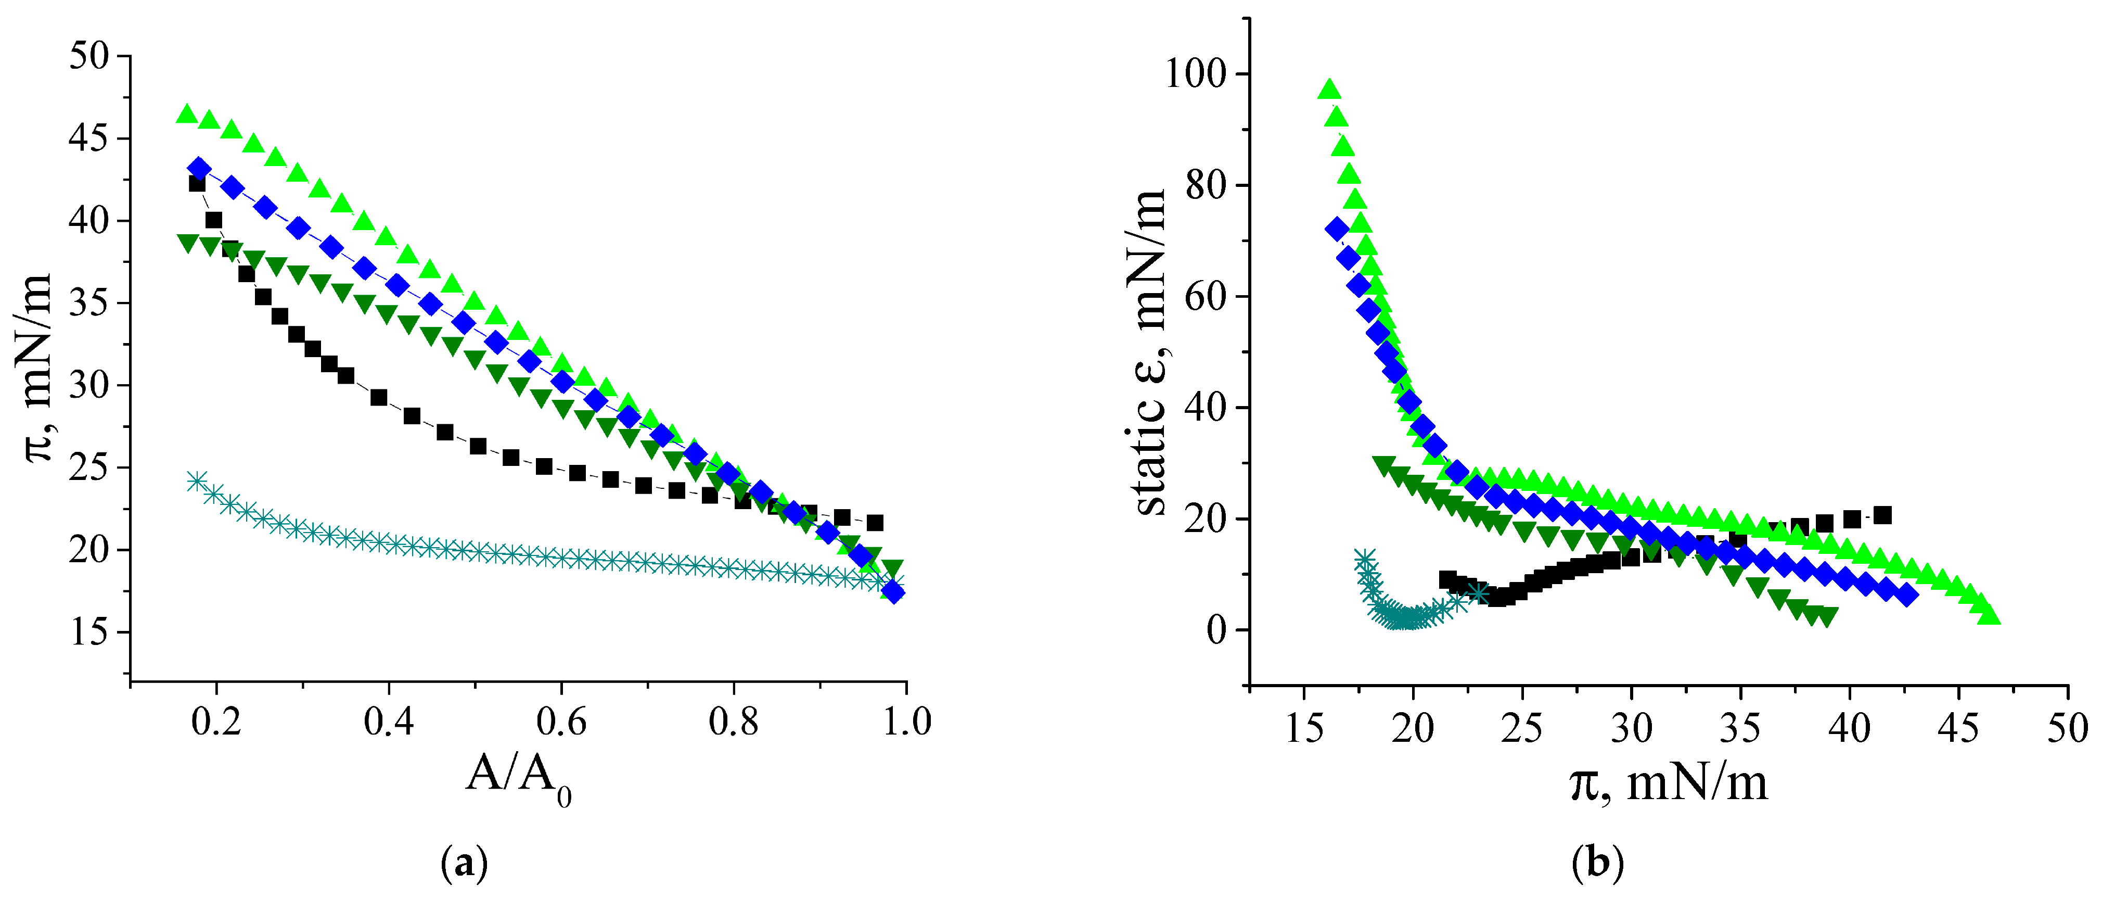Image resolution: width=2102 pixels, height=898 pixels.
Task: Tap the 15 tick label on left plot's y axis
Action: click(88, 632)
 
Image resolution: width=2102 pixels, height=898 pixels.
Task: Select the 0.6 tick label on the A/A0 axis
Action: click(560, 722)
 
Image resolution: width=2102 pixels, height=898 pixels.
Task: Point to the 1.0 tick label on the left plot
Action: click(906, 722)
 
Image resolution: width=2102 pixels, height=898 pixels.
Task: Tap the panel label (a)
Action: click(464, 863)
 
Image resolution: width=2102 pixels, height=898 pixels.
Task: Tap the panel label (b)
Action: click(1598, 863)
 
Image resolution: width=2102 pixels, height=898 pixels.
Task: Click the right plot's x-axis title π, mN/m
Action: click(1669, 782)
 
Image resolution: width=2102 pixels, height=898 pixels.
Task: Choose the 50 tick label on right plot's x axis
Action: click(2067, 727)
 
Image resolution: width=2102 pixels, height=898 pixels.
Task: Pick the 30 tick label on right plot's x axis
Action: click(1631, 727)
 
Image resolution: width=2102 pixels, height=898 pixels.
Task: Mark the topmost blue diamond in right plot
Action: click(1337, 230)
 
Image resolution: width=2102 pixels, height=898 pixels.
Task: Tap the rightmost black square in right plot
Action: click(1882, 515)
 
